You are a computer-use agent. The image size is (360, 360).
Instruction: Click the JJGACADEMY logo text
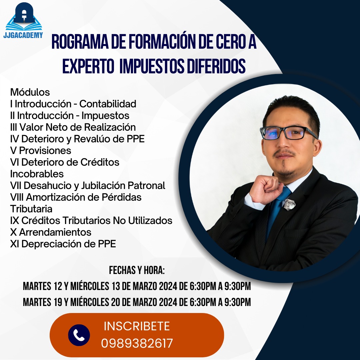23,35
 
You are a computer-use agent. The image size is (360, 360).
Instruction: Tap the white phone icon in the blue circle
79,335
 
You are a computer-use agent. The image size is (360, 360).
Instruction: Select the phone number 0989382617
137,343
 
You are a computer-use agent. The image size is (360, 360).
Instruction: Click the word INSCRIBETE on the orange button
137,326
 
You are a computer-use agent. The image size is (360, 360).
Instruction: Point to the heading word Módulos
30,92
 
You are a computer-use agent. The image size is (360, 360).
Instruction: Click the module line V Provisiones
41,151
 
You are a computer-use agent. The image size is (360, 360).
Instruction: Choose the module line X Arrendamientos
51,232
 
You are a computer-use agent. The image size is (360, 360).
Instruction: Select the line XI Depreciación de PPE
63,244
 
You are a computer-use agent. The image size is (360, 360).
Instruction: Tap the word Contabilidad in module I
108,104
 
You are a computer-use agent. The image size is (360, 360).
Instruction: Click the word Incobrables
37,174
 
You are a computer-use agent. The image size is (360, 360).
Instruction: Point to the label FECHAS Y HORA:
137,270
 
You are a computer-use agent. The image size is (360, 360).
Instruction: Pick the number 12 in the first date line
58,286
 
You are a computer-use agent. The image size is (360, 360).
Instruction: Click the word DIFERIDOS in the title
216,66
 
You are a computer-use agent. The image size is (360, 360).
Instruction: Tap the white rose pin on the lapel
289,204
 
